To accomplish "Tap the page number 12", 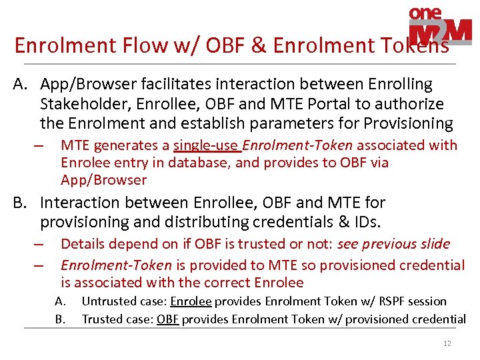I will [x=447, y=344].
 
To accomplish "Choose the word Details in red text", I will [x=84, y=244].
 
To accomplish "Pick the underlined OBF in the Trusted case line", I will [x=167, y=319].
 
